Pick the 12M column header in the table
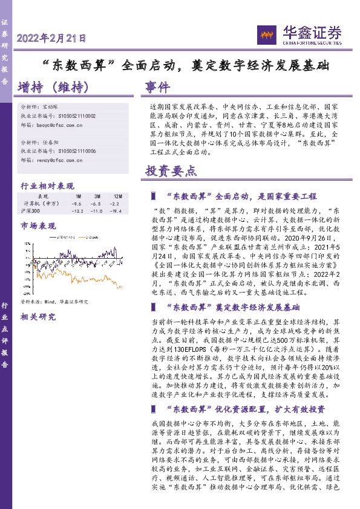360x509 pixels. click(x=117, y=196)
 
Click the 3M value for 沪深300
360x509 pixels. click(x=97, y=211)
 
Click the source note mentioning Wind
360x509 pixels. click(x=54, y=301)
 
